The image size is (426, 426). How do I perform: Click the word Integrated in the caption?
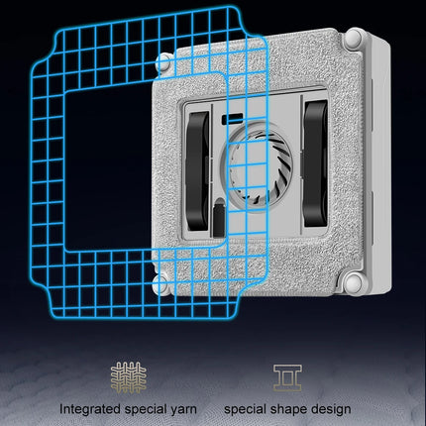tap(90, 409)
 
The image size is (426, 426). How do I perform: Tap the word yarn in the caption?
tap(183, 410)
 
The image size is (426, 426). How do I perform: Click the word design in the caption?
tap(330, 409)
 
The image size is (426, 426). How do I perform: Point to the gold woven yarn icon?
tap(129, 377)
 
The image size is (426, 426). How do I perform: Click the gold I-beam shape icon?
tap(287, 377)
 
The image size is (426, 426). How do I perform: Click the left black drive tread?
tap(197, 171)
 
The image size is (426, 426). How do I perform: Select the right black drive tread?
tap(316, 163)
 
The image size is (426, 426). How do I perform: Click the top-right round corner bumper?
tap(354, 38)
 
